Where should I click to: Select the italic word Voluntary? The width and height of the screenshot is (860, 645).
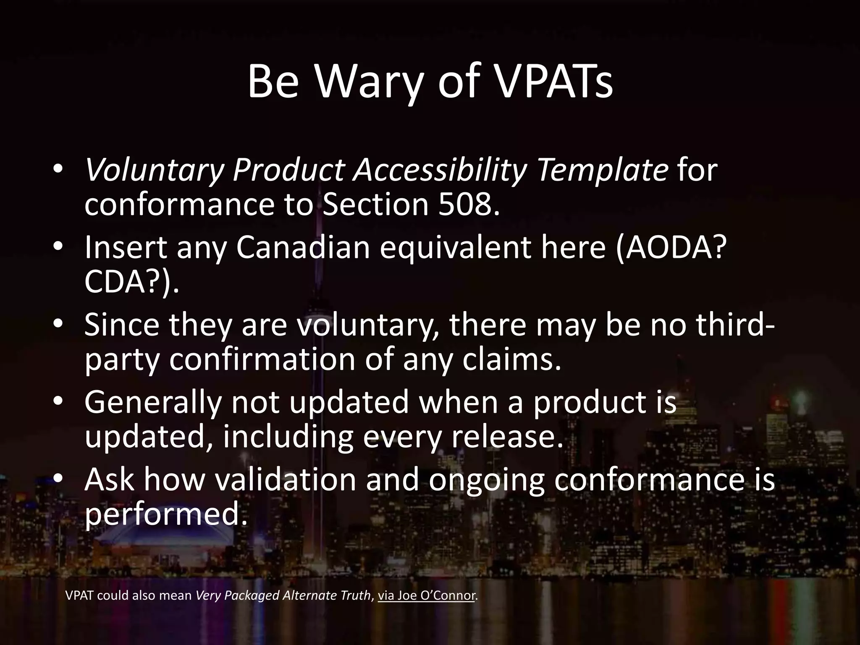[154, 171]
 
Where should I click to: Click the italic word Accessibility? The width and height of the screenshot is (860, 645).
[439, 171]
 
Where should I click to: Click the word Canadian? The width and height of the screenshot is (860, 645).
[303, 248]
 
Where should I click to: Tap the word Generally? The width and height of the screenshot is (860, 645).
[152, 402]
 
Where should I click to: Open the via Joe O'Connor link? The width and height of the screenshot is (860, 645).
[427, 595]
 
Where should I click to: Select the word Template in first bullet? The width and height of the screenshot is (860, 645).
[603, 171]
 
